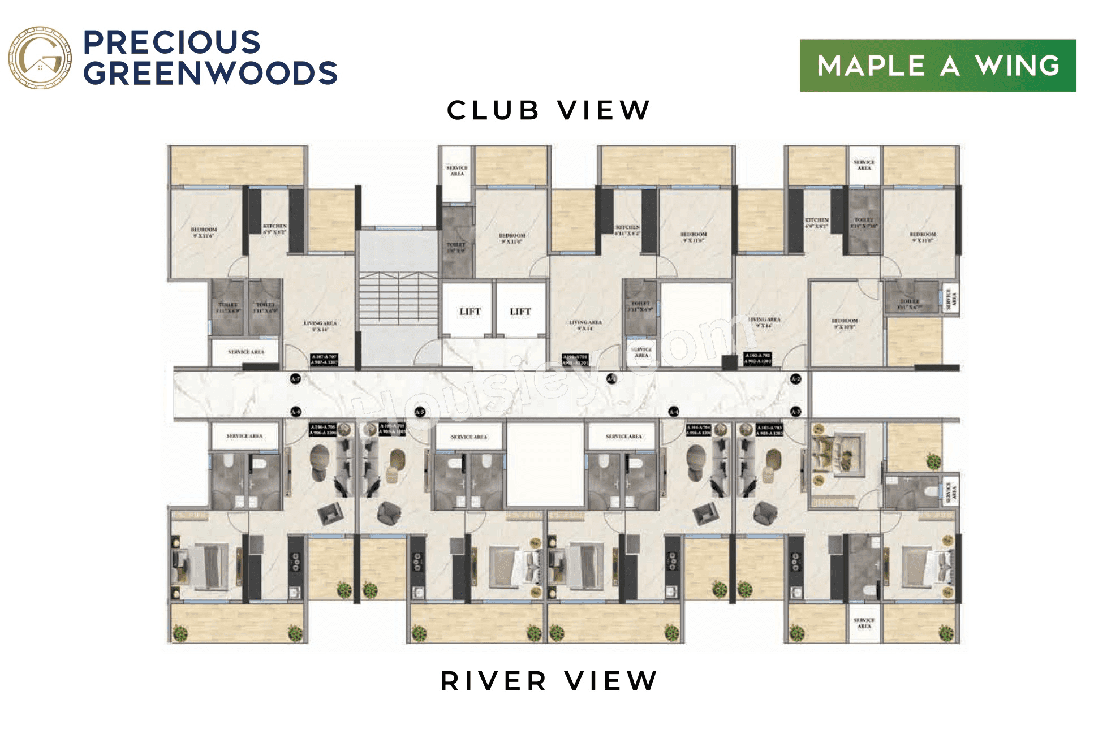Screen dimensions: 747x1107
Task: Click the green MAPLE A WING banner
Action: click(937, 66)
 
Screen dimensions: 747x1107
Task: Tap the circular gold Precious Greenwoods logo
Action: click(40, 58)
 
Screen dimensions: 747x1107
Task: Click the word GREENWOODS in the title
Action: click(210, 74)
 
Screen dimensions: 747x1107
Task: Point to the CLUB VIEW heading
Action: click(548, 110)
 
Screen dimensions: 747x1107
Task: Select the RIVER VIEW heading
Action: click(548, 681)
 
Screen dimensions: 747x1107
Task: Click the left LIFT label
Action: click(469, 312)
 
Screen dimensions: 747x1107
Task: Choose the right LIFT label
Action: click(520, 312)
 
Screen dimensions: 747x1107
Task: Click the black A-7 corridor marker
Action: click(295, 379)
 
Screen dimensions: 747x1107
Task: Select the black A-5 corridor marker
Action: click(420, 412)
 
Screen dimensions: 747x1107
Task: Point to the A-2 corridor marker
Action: click(795, 379)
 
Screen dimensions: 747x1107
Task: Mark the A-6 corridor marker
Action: click(295, 412)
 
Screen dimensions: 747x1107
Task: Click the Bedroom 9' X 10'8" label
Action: click(844, 323)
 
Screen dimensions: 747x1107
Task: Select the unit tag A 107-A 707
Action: click(324, 359)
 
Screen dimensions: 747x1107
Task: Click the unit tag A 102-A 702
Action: click(757, 358)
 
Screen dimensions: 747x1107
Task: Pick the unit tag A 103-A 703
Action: click(769, 430)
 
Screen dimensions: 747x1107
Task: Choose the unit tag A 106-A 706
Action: click(323, 430)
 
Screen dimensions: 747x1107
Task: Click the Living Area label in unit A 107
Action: click(320, 326)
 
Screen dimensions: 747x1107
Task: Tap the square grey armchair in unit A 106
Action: click(330, 513)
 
